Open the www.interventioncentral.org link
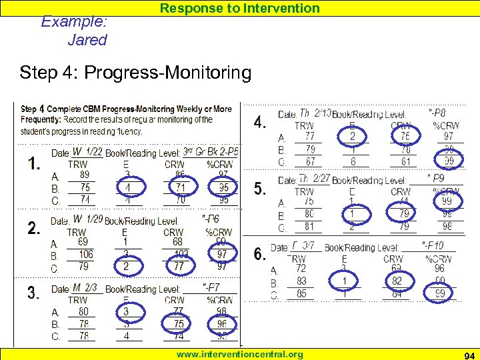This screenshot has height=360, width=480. [239, 354]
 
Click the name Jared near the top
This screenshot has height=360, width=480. [87, 39]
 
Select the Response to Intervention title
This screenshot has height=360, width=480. [239, 8]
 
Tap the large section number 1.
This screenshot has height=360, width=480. [35, 163]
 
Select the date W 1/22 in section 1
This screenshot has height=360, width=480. [87, 152]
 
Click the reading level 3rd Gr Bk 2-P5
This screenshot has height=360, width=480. [210, 152]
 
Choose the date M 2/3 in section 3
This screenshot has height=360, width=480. [85, 287]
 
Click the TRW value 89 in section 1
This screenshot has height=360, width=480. [85, 175]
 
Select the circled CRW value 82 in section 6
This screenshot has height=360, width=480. [397, 281]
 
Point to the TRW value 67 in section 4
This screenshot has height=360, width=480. [310, 162]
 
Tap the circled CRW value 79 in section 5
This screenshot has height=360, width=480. [403, 214]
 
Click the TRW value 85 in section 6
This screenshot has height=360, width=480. [301, 293]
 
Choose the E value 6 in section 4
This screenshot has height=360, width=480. [353, 162]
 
